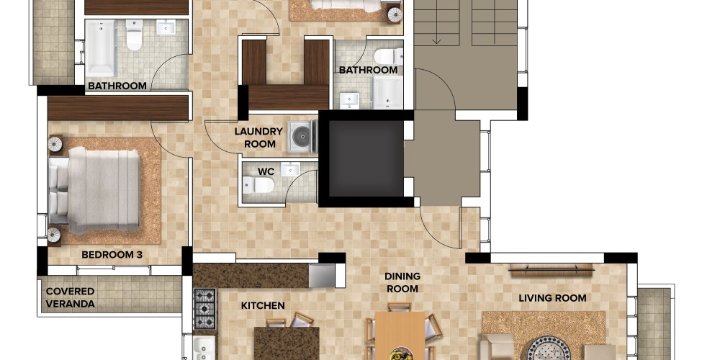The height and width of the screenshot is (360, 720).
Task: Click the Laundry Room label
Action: (258, 138)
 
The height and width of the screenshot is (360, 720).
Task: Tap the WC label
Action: (266, 172)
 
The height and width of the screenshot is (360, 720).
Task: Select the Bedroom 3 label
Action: (112, 254)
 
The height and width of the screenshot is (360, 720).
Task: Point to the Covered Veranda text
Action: (71, 297)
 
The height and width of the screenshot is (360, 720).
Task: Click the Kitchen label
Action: (263, 305)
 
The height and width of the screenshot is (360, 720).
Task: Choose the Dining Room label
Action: (402, 282)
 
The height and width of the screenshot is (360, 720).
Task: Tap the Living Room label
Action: (552, 298)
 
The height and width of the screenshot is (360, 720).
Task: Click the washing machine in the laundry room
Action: (302, 136)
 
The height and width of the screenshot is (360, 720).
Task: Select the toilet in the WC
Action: (258, 185)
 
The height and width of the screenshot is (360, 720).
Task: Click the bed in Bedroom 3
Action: (94, 189)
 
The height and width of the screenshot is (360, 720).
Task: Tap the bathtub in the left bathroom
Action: (101, 48)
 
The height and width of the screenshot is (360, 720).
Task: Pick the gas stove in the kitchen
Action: (204, 309)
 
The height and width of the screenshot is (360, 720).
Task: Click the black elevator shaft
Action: (366, 158)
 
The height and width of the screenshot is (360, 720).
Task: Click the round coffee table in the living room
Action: (549, 348)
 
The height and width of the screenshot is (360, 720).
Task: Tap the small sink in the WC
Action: (290, 169)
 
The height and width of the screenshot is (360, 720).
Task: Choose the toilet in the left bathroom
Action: (135, 35)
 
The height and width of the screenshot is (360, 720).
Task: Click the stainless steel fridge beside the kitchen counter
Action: (322, 276)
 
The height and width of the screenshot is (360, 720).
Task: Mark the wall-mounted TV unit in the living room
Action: (552, 270)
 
